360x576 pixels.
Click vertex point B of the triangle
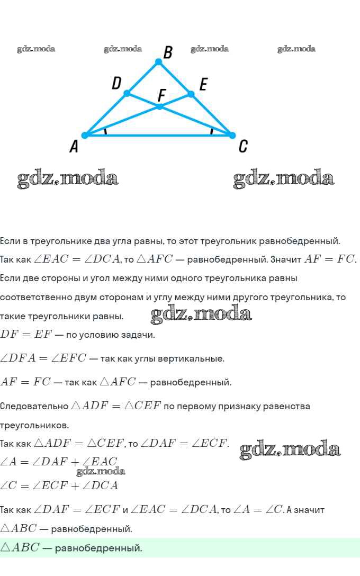pyautogui.click(x=158, y=62)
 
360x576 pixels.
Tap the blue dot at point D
pyautogui.click(x=127, y=93)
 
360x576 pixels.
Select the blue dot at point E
pyautogui.click(x=191, y=94)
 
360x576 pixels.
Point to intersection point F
pyautogui.click(x=159, y=106)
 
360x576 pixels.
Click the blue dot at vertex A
pyautogui.click(x=85, y=135)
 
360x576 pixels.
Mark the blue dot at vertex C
pyautogui.click(x=231, y=135)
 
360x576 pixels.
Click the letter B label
pyautogui.click(x=168, y=52)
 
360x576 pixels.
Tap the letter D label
pyautogui.click(x=117, y=83)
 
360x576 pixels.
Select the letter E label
pyautogui.click(x=203, y=84)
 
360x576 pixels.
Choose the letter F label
pyautogui.click(x=162, y=95)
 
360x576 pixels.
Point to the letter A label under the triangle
pyautogui.click(x=74, y=147)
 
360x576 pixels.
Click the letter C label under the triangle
pyautogui.click(x=242, y=146)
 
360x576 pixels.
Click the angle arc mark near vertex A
pyautogui.click(x=105, y=131)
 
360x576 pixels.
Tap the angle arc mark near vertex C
pyautogui.click(x=212, y=131)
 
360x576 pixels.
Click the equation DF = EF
pyautogui.click(x=25, y=335)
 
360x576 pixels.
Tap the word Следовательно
pyautogui.click(x=34, y=406)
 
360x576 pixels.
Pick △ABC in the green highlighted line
pyautogui.click(x=20, y=547)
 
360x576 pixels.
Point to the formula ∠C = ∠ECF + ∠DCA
pyautogui.click(x=59, y=485)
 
